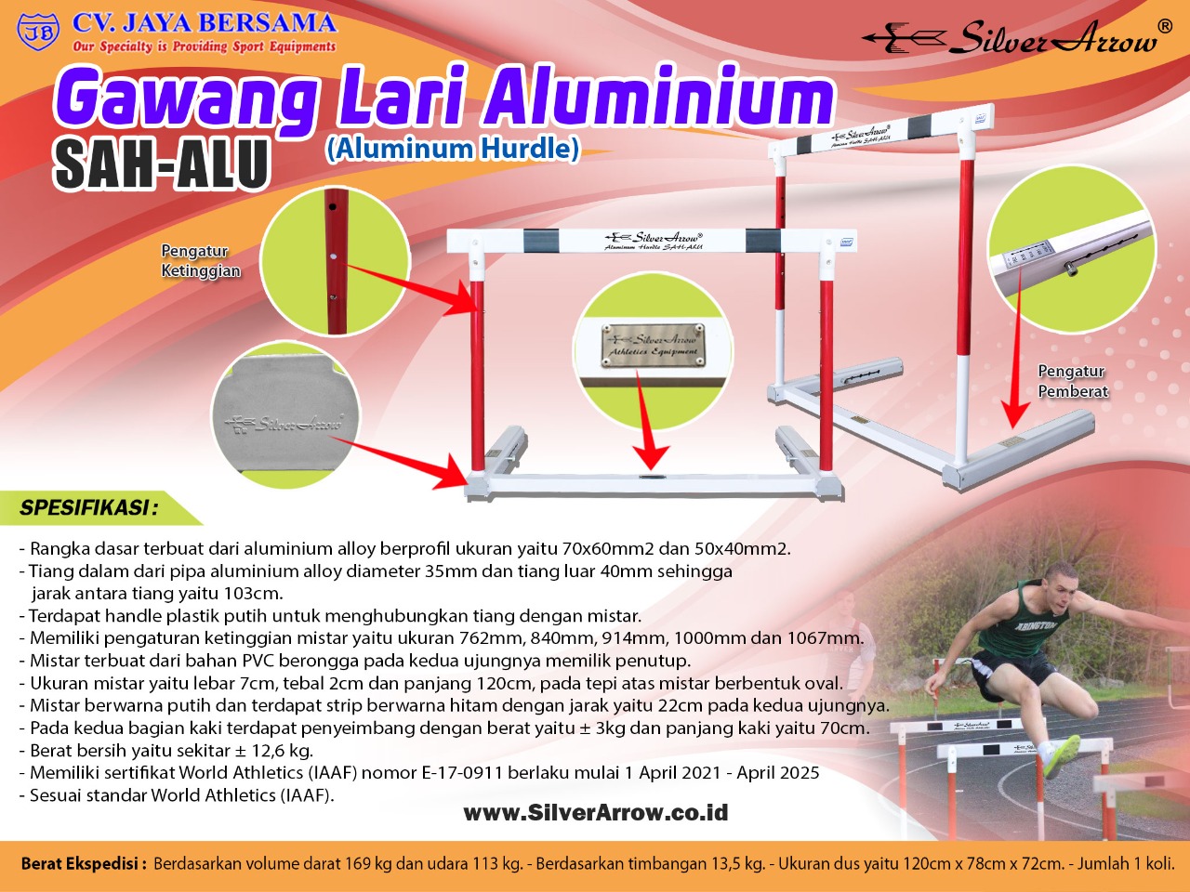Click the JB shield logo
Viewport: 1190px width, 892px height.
tap(38, 31)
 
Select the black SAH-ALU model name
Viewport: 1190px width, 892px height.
tap(162, 163)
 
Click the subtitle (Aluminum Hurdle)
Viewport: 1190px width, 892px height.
tap(453, 149)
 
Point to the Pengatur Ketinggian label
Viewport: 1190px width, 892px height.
tap(201, 260)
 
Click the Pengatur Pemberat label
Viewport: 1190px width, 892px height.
tap(1072, 381)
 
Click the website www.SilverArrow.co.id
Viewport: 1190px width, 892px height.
tap(595, 812)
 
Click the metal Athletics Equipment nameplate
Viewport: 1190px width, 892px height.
tap(653, 345)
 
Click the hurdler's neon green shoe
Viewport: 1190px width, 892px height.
tap(1064, 756)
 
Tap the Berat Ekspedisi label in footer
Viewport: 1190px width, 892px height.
tap(84, 863)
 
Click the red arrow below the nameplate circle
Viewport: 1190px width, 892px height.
tap(648, 421)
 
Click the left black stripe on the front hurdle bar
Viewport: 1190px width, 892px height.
tap(541, 241)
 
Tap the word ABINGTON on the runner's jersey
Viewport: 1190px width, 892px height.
tap(1036, 626)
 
